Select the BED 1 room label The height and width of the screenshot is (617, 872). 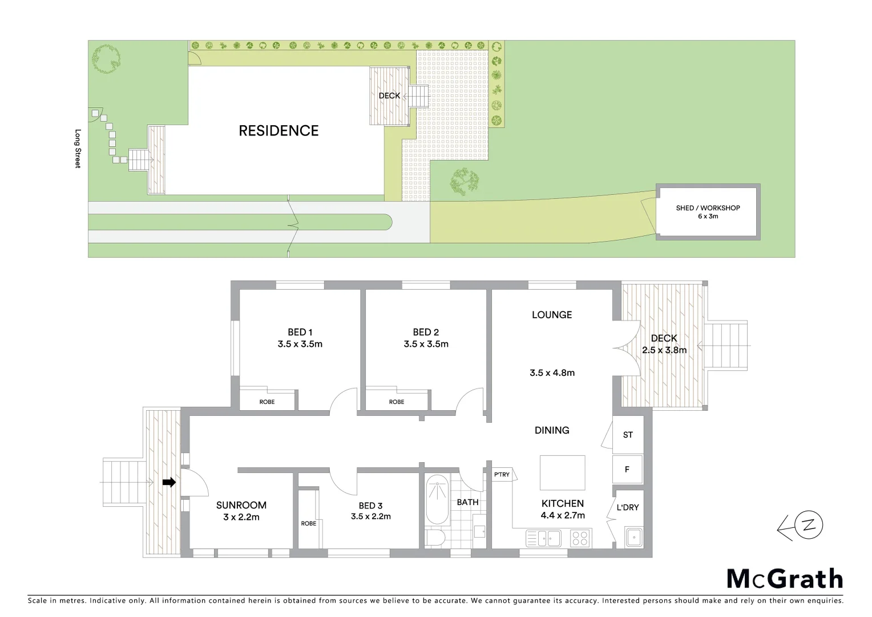point(300,332)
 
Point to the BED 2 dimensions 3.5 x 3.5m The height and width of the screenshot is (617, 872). point(426,344)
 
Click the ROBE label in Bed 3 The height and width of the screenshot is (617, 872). point(309,523)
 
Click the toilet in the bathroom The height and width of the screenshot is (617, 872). point(437,539)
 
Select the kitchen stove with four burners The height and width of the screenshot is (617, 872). point(580,538)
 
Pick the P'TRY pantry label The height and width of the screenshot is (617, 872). point(502,475)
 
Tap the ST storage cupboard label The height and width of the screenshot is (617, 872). point(628,435)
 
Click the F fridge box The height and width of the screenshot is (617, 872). point(627,470)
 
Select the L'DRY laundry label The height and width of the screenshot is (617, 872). point(628,507)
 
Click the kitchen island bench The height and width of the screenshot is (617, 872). point(562,472)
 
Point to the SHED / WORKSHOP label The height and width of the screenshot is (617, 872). point(708,208)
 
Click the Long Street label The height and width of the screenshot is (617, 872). point(78,148)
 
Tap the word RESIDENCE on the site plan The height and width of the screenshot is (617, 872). point(278,131)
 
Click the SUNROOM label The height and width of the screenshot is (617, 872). point(241,505)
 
